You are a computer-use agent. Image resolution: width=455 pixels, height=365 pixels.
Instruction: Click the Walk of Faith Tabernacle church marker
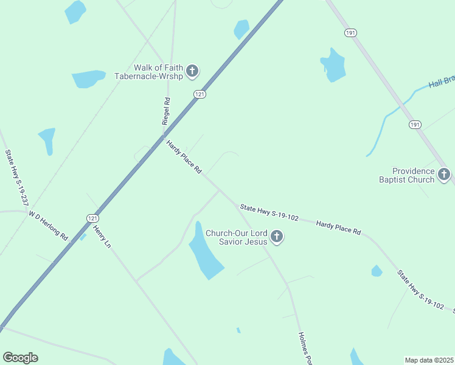(x=192, y=72)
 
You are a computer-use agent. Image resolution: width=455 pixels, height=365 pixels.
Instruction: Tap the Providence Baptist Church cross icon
(x=444, y=175)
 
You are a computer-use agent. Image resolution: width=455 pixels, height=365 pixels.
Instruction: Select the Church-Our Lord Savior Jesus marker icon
(x=277, y=237)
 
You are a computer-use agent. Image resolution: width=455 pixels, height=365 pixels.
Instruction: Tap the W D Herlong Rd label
(x=48, y=225)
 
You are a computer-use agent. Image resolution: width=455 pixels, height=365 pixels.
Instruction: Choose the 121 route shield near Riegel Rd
(x=200, y=94)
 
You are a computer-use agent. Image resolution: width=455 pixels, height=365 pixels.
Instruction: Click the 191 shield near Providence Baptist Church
(x=414, y=124)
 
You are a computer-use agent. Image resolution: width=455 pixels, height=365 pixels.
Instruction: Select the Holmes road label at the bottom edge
(x=305, y=349)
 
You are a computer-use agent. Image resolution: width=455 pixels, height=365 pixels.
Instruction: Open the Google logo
(x=20, y=358)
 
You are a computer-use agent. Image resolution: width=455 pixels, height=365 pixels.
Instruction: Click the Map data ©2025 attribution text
(x=429, y=360)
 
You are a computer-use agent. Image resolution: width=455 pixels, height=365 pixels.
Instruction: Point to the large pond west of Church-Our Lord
(x=204, y=252)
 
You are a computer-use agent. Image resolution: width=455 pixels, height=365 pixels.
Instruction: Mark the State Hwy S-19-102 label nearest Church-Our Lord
(x=269, y=212)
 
